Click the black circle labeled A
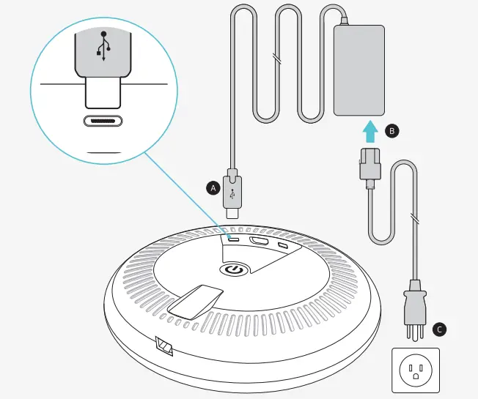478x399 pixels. click(x=213, y=187)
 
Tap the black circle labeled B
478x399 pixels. click(x=392, y=131)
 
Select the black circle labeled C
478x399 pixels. click(x=439, y=329)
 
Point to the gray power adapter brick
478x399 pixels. click(x=359, y=70)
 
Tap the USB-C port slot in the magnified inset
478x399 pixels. click(x=103, y=122)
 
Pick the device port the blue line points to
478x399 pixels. click(x=233, y=238)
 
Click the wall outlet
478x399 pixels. click(x=414, y=370)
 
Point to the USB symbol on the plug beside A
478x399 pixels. click(x=233, y=195)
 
